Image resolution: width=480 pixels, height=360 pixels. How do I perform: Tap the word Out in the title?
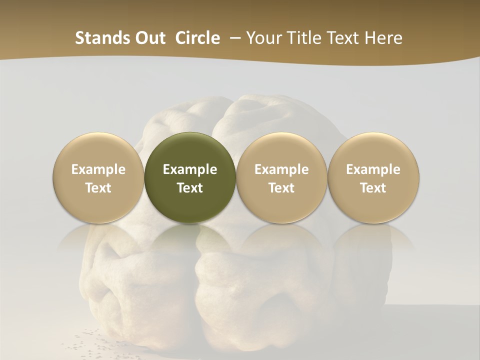pyautogui.click(x=149, y=38)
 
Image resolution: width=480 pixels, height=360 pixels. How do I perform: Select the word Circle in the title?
pyautogui.click(x=197, y=38)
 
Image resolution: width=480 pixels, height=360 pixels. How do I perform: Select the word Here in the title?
pyautogui.click(x=382, y=38)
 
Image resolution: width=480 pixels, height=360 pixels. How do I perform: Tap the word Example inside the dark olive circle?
pyautogui.click(x=190, y=169)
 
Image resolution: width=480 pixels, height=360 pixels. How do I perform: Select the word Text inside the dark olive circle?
pyautogui.click(x=190, y=188)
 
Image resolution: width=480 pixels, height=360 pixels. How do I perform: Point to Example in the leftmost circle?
pyautogui.click(x=98, y=169)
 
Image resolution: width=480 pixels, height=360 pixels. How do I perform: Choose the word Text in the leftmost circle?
pyautogui.click(x=98, y=188)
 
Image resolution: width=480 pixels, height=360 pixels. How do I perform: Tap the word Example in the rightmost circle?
pyautogui.click(x=373, y=169)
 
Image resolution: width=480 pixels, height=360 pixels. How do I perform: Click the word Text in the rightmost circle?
pyautogui.click(x=373, y=188)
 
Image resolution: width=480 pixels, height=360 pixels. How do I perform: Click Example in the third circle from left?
pyautogui.click(x=281, y=169)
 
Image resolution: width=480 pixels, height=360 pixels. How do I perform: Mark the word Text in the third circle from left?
pyautogui.click(x=281, y=188)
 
